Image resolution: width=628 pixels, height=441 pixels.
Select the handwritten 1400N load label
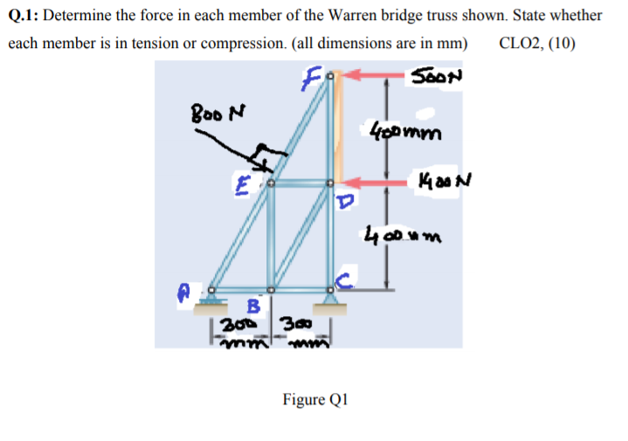432,183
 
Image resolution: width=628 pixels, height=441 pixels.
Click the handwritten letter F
307,79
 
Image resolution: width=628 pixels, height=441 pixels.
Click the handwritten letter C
343,279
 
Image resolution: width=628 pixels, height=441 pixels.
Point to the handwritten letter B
252,307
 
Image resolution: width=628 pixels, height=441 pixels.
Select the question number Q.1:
26,16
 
